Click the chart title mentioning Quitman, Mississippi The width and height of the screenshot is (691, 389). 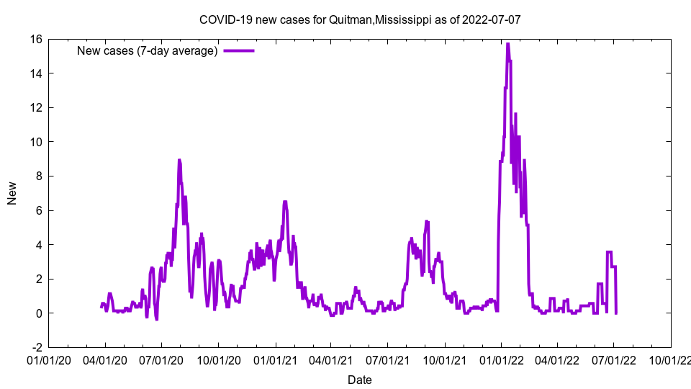click(359, 19)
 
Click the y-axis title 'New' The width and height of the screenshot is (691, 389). click(12, 193)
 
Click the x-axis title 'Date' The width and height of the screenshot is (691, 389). click(359, 380)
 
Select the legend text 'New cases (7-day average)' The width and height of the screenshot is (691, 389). click(148, 50)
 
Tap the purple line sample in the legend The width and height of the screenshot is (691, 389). click(239, 50)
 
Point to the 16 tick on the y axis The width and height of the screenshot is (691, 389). click(35, 39)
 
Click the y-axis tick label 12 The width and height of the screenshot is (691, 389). click(35, 107)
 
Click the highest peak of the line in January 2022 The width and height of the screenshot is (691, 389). click(507, 44)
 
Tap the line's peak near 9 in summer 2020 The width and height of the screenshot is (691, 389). click(179, 160)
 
